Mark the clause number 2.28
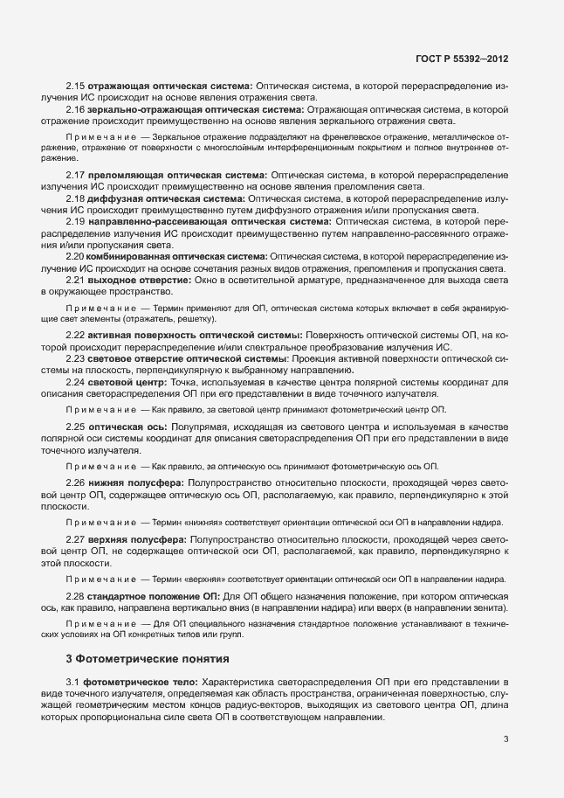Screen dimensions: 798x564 coord(76,595)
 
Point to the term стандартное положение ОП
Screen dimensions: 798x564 coord(154,595)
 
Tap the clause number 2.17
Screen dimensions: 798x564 coord(76,177)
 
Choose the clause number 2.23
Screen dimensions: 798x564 coord(76,358)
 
